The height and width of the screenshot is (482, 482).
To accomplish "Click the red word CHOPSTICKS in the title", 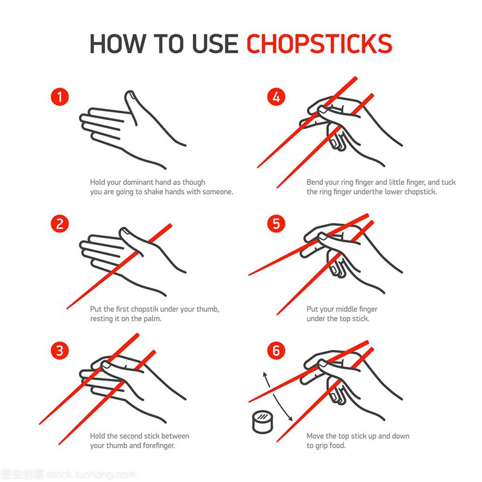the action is [319, 43].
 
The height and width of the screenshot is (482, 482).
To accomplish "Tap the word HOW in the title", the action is [116, 43].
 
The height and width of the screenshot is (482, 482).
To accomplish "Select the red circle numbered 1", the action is [60, 97].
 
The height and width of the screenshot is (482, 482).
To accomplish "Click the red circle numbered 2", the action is [60, 224].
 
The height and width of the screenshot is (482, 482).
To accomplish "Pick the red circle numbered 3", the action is [60, 351].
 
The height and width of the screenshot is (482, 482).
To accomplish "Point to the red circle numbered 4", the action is [276, 97].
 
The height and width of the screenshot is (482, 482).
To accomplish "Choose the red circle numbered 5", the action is [276, 224].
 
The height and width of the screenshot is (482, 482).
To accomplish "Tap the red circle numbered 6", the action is [276, 351].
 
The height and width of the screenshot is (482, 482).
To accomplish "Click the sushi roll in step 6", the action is [263, 422].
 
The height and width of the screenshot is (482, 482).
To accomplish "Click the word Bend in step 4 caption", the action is [315, 183].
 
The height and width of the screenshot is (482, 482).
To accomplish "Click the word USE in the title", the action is [215, 43].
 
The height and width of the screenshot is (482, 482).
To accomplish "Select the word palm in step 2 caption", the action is [153, 319].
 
